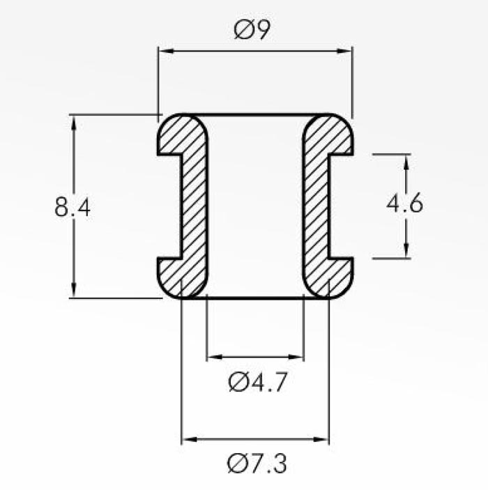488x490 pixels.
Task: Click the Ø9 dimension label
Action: point(252,29)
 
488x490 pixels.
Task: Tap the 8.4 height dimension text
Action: point(73,207)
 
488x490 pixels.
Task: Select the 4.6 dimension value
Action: point(405,204)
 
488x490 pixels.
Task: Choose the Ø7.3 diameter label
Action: point(257,464)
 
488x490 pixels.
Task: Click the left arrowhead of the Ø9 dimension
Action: point(166,51)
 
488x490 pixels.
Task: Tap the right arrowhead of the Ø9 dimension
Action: point(344,51)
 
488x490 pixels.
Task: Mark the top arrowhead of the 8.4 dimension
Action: point(73,123)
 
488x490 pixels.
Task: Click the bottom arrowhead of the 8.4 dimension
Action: point(73,291)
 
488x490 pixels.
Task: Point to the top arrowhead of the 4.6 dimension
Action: point(406,162)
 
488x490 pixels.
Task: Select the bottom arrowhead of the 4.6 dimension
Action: point(406,251)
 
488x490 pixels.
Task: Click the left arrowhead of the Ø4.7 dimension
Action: point(215,357)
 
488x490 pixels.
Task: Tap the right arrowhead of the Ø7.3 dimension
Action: point(321,439)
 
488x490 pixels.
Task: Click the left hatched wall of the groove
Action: point(194,206)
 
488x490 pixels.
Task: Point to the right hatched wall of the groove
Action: point(316,206)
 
